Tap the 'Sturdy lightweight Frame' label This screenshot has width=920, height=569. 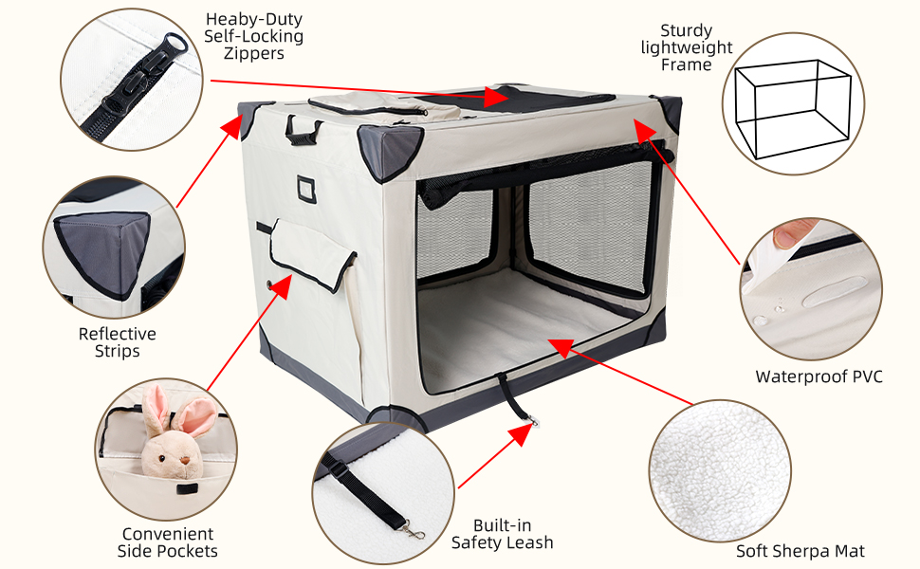click(687, 47)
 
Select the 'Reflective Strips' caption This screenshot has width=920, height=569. click(118, 342)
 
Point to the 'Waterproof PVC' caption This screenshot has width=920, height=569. click(819, 376)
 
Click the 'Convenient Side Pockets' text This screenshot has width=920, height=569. click(168, 542)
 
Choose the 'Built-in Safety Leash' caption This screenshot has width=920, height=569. click(502, 534)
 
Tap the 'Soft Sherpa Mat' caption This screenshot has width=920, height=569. click(800, 551)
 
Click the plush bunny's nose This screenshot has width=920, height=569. click(184, 459)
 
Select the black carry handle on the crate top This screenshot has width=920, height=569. click(304, 129)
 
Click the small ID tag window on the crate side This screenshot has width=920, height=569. click(307, 188)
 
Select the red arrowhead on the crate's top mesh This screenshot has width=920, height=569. click(496, 97)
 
